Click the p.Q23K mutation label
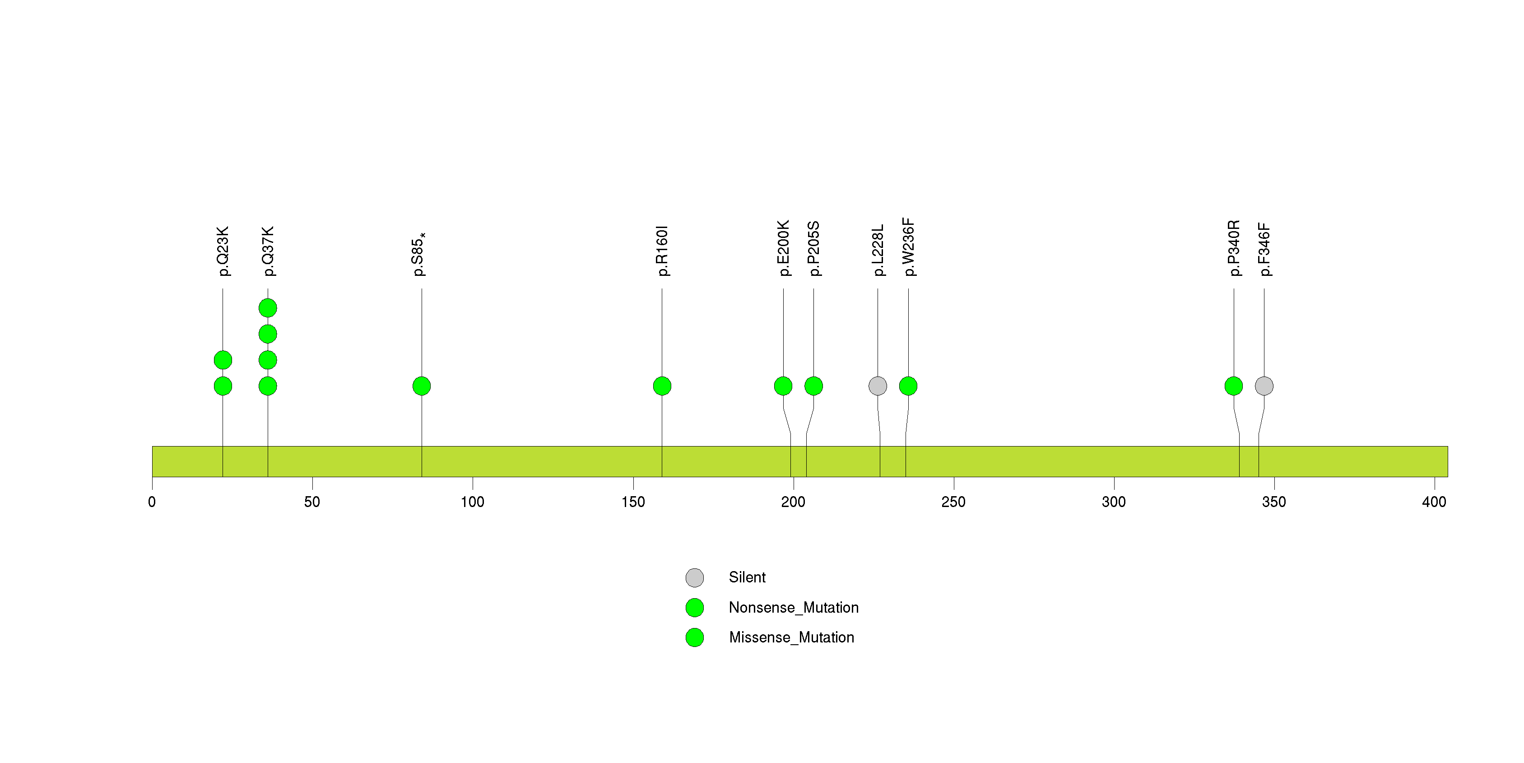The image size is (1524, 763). pos(223,251)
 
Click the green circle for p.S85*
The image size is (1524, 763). pos(421,386)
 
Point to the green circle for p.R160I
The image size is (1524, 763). pos(662,386)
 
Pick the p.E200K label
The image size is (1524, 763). pos(783,248)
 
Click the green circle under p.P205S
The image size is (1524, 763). pos(813,386)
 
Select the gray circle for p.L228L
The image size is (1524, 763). pos(878,386)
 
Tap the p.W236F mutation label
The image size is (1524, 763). pos(908,247)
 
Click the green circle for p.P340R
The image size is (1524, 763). pos(1234,386)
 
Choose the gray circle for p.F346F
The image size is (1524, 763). pos(1264,386)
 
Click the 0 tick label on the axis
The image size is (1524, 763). pos(152,502)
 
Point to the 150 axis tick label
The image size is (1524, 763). pos(633,502)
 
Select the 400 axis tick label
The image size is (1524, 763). pos(1434,502)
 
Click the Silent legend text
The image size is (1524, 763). pos(747,577)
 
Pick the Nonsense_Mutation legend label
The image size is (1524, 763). pos(793,607)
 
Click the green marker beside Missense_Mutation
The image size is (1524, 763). pos(695,637)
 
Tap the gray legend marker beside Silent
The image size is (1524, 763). pos(695,577)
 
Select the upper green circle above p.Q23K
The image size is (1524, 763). pos(223,360)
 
